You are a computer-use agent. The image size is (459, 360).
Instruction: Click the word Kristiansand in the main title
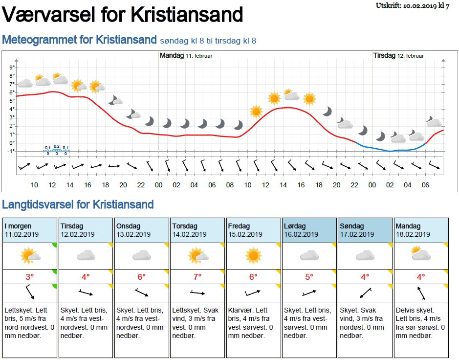(187, 14)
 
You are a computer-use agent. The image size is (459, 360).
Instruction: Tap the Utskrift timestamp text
(412, 5)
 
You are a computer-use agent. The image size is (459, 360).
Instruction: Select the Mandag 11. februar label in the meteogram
(186, 56)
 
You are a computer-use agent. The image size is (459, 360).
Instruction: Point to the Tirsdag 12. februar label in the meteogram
(399, 56)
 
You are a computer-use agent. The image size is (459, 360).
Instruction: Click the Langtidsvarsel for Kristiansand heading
(78, 204)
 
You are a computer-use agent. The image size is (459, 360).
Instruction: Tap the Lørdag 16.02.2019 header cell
(309, 230)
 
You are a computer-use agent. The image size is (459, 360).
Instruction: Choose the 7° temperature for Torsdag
(197, 277)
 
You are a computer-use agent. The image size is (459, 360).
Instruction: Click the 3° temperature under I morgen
(30, 277)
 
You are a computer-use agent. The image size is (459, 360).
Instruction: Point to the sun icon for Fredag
(253, 255)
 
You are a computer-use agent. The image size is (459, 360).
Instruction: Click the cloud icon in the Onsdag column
(142, 255)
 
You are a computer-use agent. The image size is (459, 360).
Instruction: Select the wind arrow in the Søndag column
(365, 293)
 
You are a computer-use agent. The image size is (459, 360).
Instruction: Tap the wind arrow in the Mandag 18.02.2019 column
(420, 293)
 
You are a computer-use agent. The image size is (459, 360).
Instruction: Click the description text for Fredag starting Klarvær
(253, 323)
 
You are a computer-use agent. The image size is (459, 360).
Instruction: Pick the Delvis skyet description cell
(420, 323)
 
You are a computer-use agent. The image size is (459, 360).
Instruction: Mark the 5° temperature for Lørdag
(309, 277)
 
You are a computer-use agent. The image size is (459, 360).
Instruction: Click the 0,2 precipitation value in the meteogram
(56, 146)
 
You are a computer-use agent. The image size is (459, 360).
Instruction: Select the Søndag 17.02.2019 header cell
(365, 230)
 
